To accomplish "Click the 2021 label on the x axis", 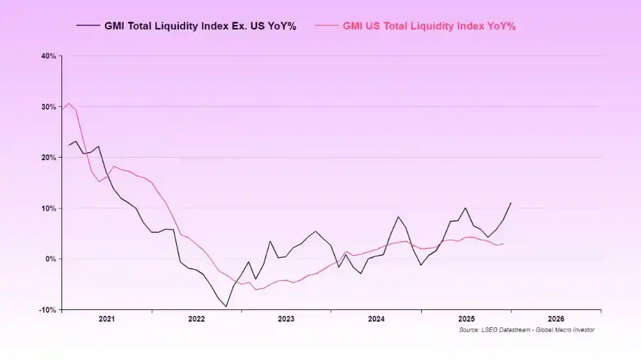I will click(x=106, y=318).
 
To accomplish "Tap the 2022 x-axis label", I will click(x=196, y=318).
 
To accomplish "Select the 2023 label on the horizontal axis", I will click(x=286, y=318).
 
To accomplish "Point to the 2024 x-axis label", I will click(x=376, y=318).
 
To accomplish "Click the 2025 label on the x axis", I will click(x=466, y=318).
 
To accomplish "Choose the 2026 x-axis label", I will click(x=556, y=318).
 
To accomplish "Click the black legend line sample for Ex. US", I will click(x=88, y=26).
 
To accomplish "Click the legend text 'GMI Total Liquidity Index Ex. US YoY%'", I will click(x=200, y=26).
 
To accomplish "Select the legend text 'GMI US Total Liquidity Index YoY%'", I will click(x=429, y=26).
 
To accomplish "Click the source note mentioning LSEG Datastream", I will click(x=526, y=330).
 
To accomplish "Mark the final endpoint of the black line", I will click(x=511, y=203).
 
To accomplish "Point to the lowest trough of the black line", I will click(x=226, y=306).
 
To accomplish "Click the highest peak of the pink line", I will click(x=69, y=103).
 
